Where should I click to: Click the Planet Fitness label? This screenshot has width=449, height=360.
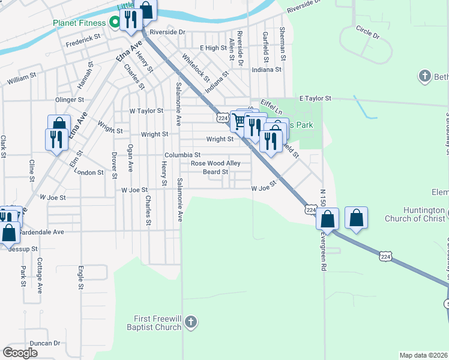coord(78,23)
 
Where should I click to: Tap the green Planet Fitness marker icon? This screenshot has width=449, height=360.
coord(113,23)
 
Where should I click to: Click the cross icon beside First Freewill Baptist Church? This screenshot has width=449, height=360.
coord(191,322)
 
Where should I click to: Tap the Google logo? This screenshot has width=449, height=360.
coord(20,352)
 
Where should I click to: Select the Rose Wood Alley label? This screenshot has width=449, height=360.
coord(215,163)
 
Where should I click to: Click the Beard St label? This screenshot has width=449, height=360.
coord(215,172)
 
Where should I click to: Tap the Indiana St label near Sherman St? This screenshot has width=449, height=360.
coord(267,70)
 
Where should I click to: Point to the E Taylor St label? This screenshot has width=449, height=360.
coord(315,98)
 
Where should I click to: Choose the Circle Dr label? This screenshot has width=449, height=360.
coord(368,32)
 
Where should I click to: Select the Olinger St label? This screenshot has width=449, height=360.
coord(69,100)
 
